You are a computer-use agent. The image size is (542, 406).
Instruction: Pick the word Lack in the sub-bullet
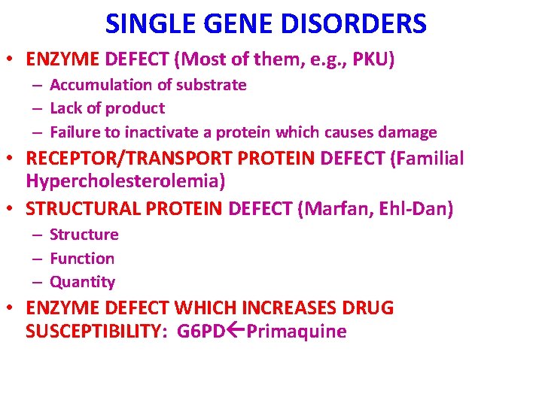coord(66,108)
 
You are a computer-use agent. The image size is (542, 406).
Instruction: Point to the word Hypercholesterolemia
coord(125,181)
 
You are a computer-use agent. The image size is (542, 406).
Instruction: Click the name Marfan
coord(330,208)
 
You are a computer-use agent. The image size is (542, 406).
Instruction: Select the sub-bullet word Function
coord(82,259)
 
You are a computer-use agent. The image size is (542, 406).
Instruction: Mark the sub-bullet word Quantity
coord(82,282)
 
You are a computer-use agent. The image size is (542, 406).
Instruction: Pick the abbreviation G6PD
coord(201,332)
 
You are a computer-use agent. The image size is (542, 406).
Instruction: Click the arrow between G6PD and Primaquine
coord(235,332)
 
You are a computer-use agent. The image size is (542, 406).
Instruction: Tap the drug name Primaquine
coord(296,332)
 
